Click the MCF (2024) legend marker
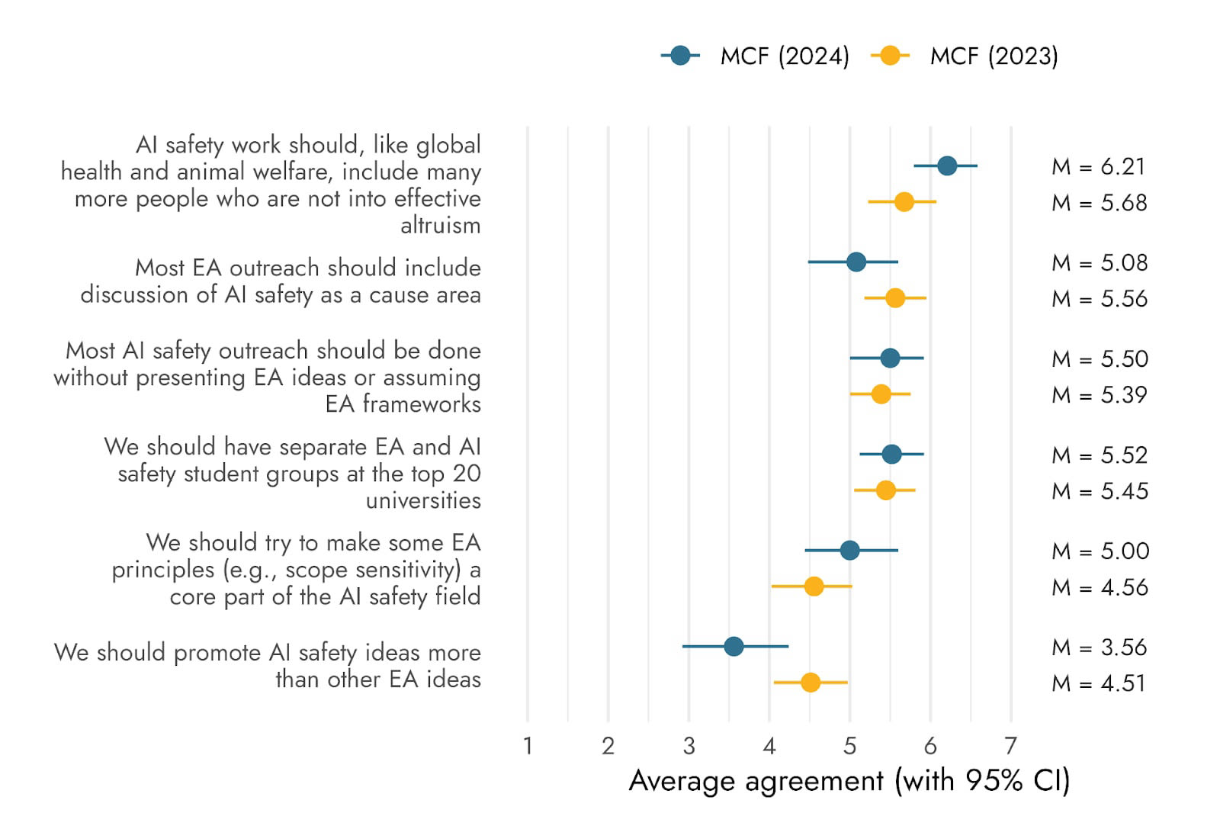coord(680,56)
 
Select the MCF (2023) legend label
coord(994,56)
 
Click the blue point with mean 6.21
coord(947,165)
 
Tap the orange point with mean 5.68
coord(904,202)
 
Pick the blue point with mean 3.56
coord(734,647)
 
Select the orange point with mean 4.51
coord(811,683)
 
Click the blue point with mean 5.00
coord(849,550)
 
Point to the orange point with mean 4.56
coord(814,586)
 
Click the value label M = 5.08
coord(1100,262)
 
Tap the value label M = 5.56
coord(1100,298)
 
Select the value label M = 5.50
coord(1100,358)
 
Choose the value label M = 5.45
coord(1100,490)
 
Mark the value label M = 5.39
coord(1100,394)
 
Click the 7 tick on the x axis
coord(1011,745)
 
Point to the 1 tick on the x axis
coord(528,745)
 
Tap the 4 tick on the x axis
coord(769,745)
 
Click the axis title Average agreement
coord(849,780)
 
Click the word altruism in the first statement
coord(440,225)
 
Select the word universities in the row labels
coord(423,500)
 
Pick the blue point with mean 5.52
coord(891,455)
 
